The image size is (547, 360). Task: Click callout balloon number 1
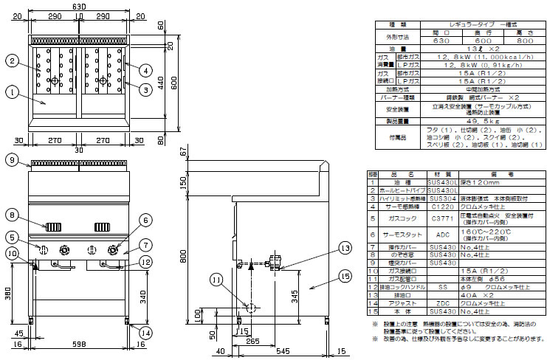[13, 92]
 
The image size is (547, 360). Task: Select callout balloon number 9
[13, 160]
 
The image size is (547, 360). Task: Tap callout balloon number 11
[215, 279]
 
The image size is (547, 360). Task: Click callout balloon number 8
[13, 215]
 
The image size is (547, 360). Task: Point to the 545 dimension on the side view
[274, 345]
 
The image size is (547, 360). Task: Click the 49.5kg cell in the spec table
[454, 121]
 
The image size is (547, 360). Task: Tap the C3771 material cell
[437, 219]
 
